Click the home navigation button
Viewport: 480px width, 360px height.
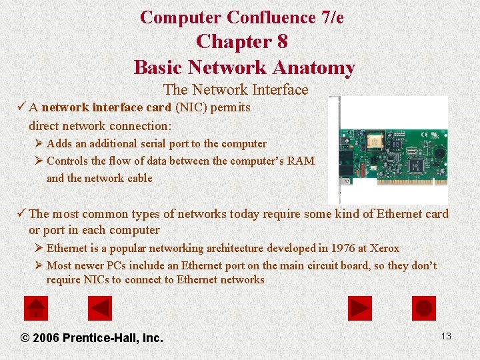(35, 308)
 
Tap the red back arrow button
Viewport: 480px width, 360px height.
(100, 308)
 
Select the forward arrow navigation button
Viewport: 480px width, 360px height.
(360, 308)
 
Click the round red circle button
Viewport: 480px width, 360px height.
(425, 308)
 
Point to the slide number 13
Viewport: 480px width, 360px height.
(446, 336)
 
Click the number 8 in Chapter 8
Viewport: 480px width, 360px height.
(282, 42)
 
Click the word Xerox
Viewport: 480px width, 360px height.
(385, 248)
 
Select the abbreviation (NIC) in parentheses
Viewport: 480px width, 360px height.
(190, 107)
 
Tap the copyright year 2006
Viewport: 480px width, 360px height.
(46, 338)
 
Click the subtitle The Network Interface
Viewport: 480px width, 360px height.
(235, 89)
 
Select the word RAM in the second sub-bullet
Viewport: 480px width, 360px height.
(302, 161)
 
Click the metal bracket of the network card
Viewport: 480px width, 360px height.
(334, 150)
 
